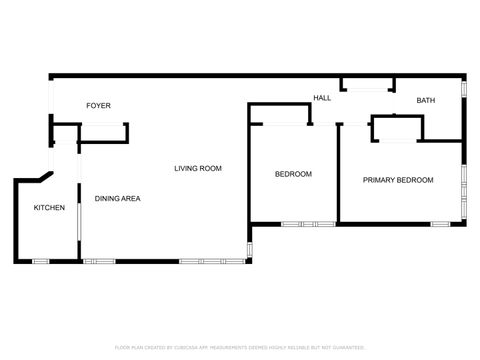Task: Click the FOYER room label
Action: click(x=98, y=105)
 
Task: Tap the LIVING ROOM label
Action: click(x=197, y=168)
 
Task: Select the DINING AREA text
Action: click(x=117, y=198)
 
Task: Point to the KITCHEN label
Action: click(x=50, y=207)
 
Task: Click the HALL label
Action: click(x=322, y=98)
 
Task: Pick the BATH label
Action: click(x=426, y=100)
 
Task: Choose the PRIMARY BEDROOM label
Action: click(x=398, y=180)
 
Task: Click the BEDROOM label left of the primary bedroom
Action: click(x=293, y=174)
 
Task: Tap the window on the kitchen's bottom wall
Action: click(x=41, y=262)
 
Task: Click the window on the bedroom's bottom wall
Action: click(x=308, y=224)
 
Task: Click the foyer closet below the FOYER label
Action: click(x=103, y=134)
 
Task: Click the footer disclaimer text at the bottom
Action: click(x=239, y=347)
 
